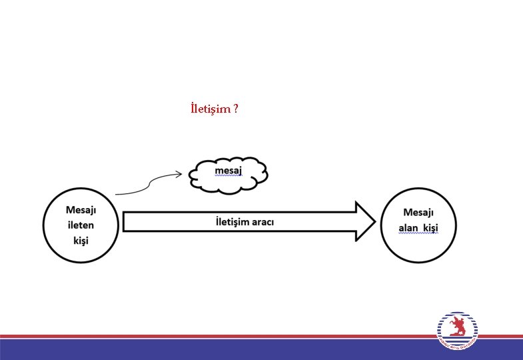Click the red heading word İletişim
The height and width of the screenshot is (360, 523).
click(211, 109)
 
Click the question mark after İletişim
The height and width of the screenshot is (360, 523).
click(236, 109)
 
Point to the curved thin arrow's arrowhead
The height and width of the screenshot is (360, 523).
click(179, 175)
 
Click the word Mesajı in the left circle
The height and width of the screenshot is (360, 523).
click(81, 210)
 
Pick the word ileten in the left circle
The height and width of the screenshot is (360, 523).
click(81, 225)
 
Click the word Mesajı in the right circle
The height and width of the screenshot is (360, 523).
click(418, 213)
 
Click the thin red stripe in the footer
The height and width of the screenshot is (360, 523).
click(200, 337)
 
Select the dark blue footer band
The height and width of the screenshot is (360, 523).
click(200, 349)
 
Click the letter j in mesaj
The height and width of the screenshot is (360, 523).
click(239, 172)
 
